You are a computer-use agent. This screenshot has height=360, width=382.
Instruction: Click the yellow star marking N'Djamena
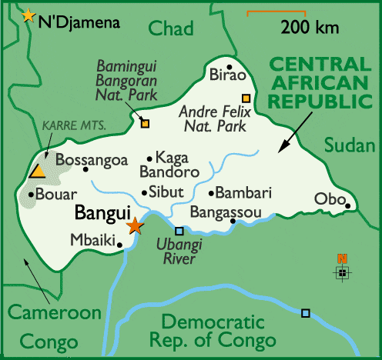pyautogui.click(x=28, y=15)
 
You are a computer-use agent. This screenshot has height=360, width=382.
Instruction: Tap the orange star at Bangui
pyautogui.click(x=135, y=225)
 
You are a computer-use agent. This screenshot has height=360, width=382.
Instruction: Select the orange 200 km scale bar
pyautogui.click(x=276, y=13)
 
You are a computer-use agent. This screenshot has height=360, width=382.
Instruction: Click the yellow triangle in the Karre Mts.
pyautogui.click(x=36, y=171)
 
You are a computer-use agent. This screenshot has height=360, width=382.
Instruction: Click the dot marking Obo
pyautogui.click(x=348, y=205)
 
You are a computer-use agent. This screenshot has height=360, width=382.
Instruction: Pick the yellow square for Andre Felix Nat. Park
pyautogui.click(x=246, y=98)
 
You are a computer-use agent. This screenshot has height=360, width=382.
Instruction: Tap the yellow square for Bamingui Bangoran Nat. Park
pyautogui.click(x=145, y=123)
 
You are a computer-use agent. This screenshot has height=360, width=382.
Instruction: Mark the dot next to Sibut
pyautogui.click(x=144, y=193)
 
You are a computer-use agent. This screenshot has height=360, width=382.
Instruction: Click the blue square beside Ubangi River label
pyautogui.click(x=179, y=231)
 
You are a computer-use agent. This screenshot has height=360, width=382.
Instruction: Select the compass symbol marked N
pyautogui.click(x=342, y=269)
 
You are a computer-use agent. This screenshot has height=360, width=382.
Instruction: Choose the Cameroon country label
pyautogui.click(x=45, y=313)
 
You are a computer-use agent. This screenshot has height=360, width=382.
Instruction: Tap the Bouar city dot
pyautogui.click(x=31, y=195)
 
